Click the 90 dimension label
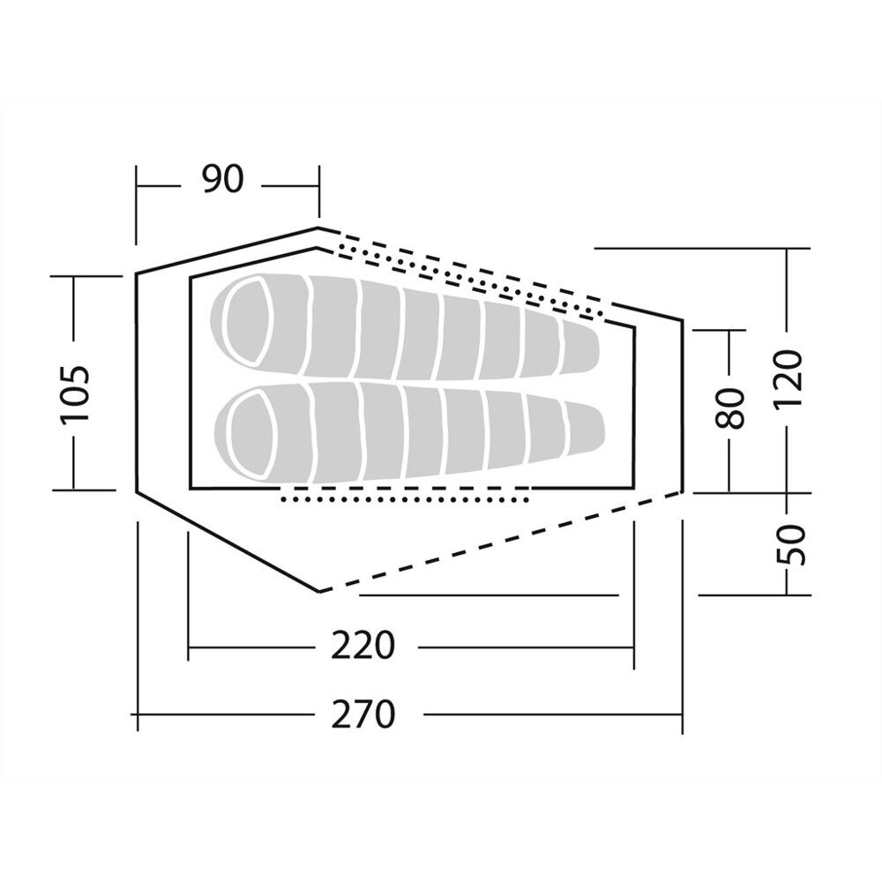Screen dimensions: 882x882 pyautogui.click(x=223, y=179)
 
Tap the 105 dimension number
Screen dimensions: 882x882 pyautogui.click(x=74, y=393)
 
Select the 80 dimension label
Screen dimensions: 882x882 pyautogui.click(x=729, y=407)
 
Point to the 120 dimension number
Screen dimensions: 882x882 pyautogui.click(x=788, y=379)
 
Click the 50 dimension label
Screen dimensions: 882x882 pyautogui.click(x=791, y=544)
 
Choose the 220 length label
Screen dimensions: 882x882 pyautogui.click(x=363, y=646)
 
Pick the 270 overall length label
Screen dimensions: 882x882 pyautogui.click(x=363, y=714)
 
